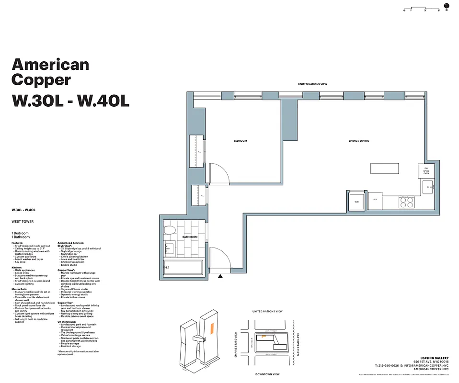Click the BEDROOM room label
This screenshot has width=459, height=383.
click(240, 141)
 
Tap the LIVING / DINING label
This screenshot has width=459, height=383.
click(358, 141)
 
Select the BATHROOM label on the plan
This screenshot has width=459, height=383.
click(190, 237)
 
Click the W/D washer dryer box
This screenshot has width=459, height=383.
click(356, 201)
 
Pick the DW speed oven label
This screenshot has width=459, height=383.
click(426, 171)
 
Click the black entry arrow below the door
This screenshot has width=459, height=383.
click(220, 276)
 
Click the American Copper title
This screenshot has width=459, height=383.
click(50, 71)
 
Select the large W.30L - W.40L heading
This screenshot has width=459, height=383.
click(70, 101)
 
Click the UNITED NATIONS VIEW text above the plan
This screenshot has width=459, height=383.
click(312, 84)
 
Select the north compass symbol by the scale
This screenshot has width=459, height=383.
click(447, 10)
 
